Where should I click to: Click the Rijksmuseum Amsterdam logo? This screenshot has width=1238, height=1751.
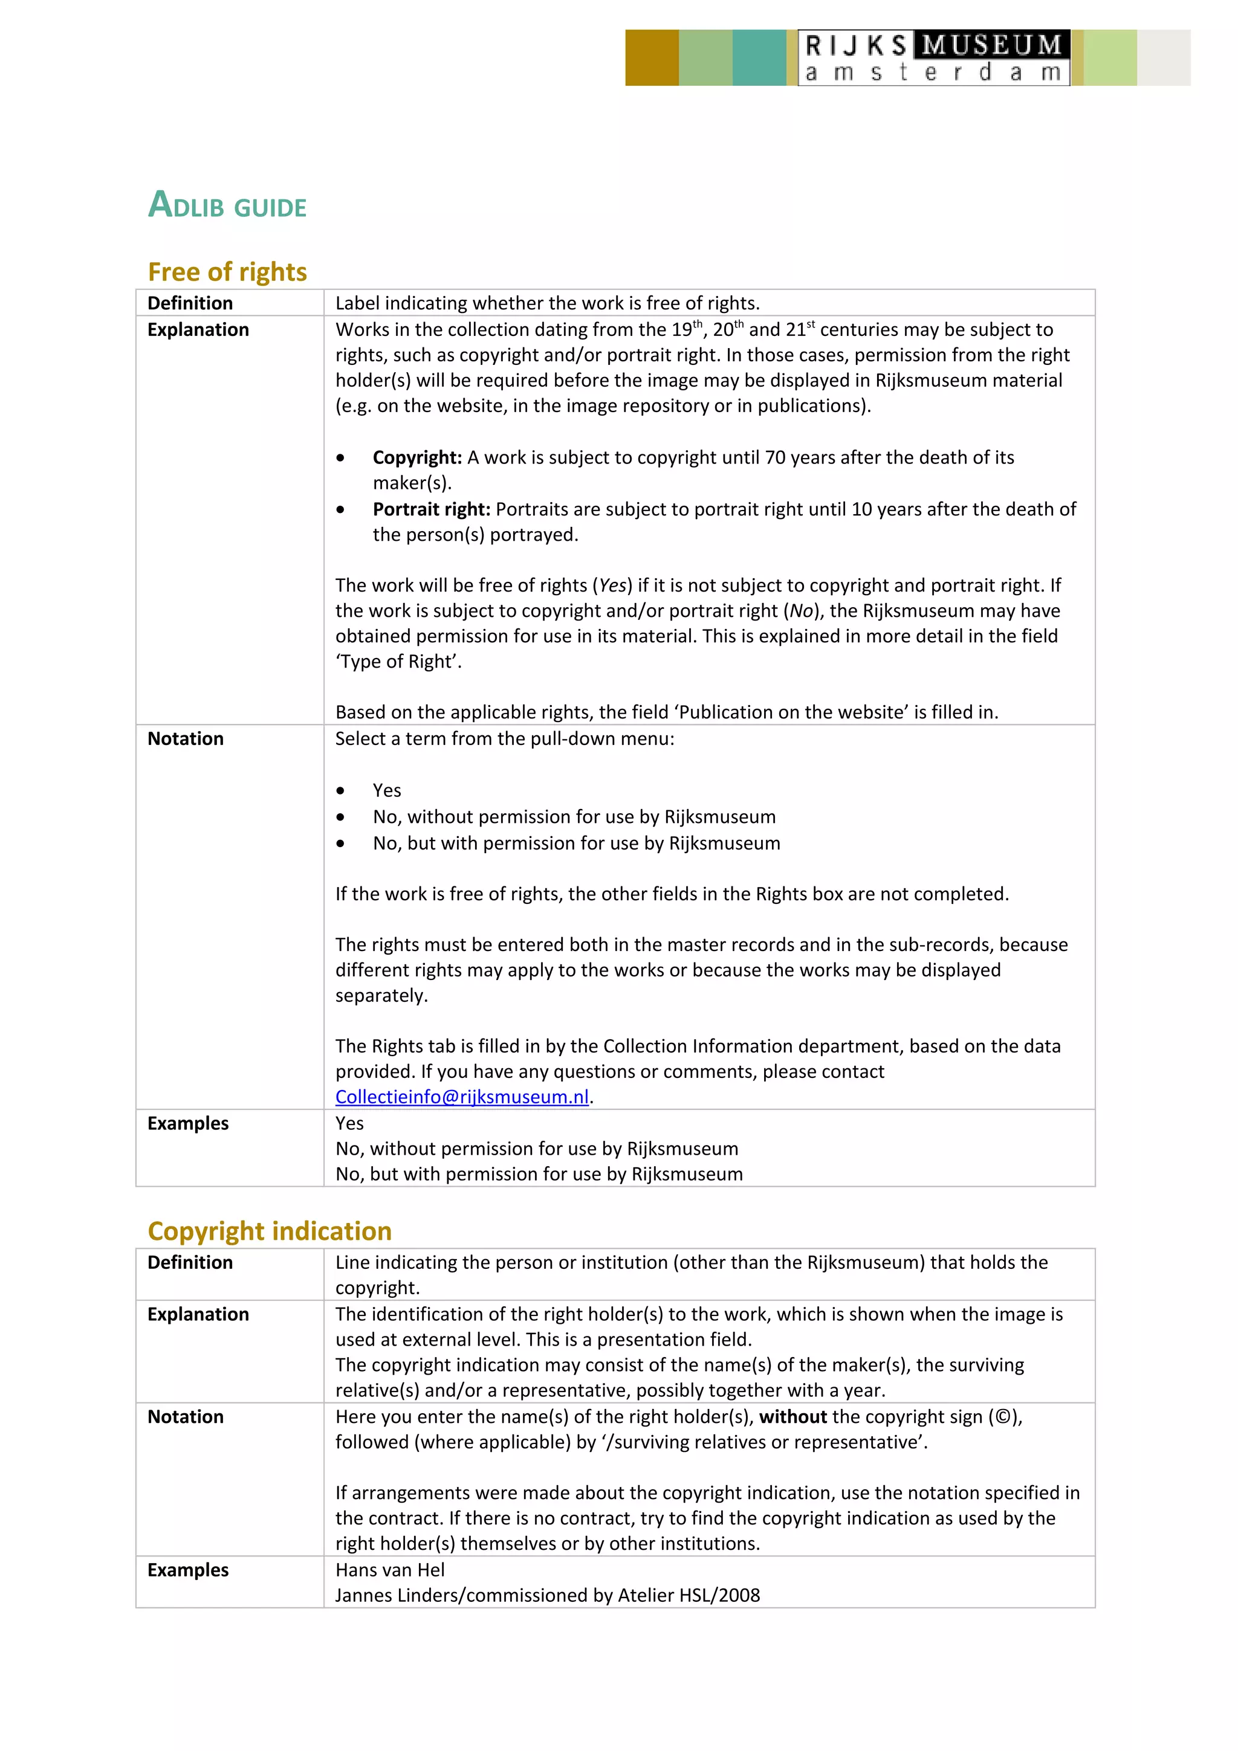coord(934,58)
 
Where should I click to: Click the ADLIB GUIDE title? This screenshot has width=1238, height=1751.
coord(227,205)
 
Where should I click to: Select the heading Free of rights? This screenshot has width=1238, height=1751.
coord(227,272)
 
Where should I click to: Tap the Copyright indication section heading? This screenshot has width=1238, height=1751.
coord(269,1231)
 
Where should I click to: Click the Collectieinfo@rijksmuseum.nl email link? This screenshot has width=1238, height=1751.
coord(462,1097)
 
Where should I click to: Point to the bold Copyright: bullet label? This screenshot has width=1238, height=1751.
coord(417,457)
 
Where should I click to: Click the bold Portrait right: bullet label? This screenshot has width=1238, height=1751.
coord(431,509)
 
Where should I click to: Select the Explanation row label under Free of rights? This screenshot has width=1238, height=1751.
coord(198,329)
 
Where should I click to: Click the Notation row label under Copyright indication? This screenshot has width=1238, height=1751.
coord(186,1417)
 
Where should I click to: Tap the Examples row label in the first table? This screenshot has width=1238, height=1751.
coord(187,1123)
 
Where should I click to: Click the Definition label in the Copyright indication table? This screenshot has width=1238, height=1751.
coord(190,1263)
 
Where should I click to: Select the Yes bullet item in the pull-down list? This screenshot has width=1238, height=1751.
coord(387,791)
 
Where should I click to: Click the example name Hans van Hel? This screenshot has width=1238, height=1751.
coord(390,1570)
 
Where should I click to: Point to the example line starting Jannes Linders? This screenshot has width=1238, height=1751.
coord(547,1596)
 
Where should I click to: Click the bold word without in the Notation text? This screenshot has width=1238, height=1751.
coord(792,1417)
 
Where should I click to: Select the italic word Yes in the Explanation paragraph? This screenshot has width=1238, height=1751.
coord(612,585)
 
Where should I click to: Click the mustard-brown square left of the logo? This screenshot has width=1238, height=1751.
coord(652,58)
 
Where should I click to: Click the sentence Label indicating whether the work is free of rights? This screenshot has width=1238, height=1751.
coord(547,303)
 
